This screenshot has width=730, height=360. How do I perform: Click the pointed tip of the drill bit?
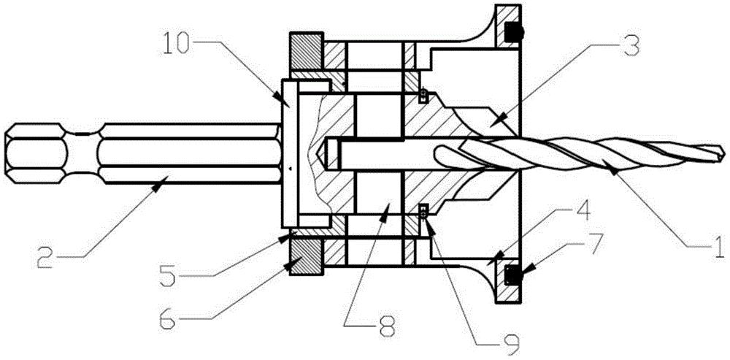point(724,145)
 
